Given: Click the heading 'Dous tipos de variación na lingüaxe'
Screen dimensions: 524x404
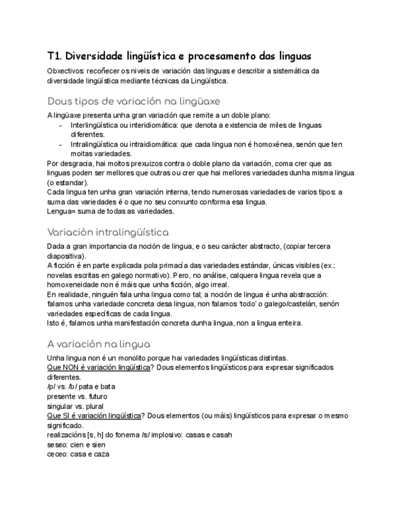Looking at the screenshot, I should click(134, 101).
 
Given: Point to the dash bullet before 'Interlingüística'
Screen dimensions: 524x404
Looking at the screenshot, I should click(60, 125).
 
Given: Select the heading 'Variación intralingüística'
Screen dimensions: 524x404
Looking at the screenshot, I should click(108, 232).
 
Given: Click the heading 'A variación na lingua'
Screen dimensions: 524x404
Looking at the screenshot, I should click(99, 344).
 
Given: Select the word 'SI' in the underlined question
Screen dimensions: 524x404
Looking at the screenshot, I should click(67, 416).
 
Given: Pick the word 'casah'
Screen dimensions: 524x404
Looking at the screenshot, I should click(221, 435).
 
